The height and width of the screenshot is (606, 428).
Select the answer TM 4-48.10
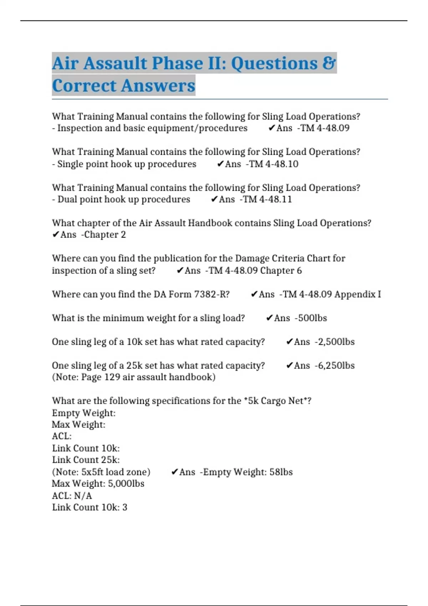coord(274,164)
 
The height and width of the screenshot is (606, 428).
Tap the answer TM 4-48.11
coord(267,199)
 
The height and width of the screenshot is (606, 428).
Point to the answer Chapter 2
coord(105,235)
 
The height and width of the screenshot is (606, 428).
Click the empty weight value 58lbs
coord(281,472)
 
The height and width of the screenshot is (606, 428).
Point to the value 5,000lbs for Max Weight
coord(126,484)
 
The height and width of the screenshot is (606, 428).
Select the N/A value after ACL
coord(83,496)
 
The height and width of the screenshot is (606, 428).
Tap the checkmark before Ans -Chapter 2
coord(56,235)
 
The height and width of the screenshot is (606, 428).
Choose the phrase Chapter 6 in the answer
coord(281,271)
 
